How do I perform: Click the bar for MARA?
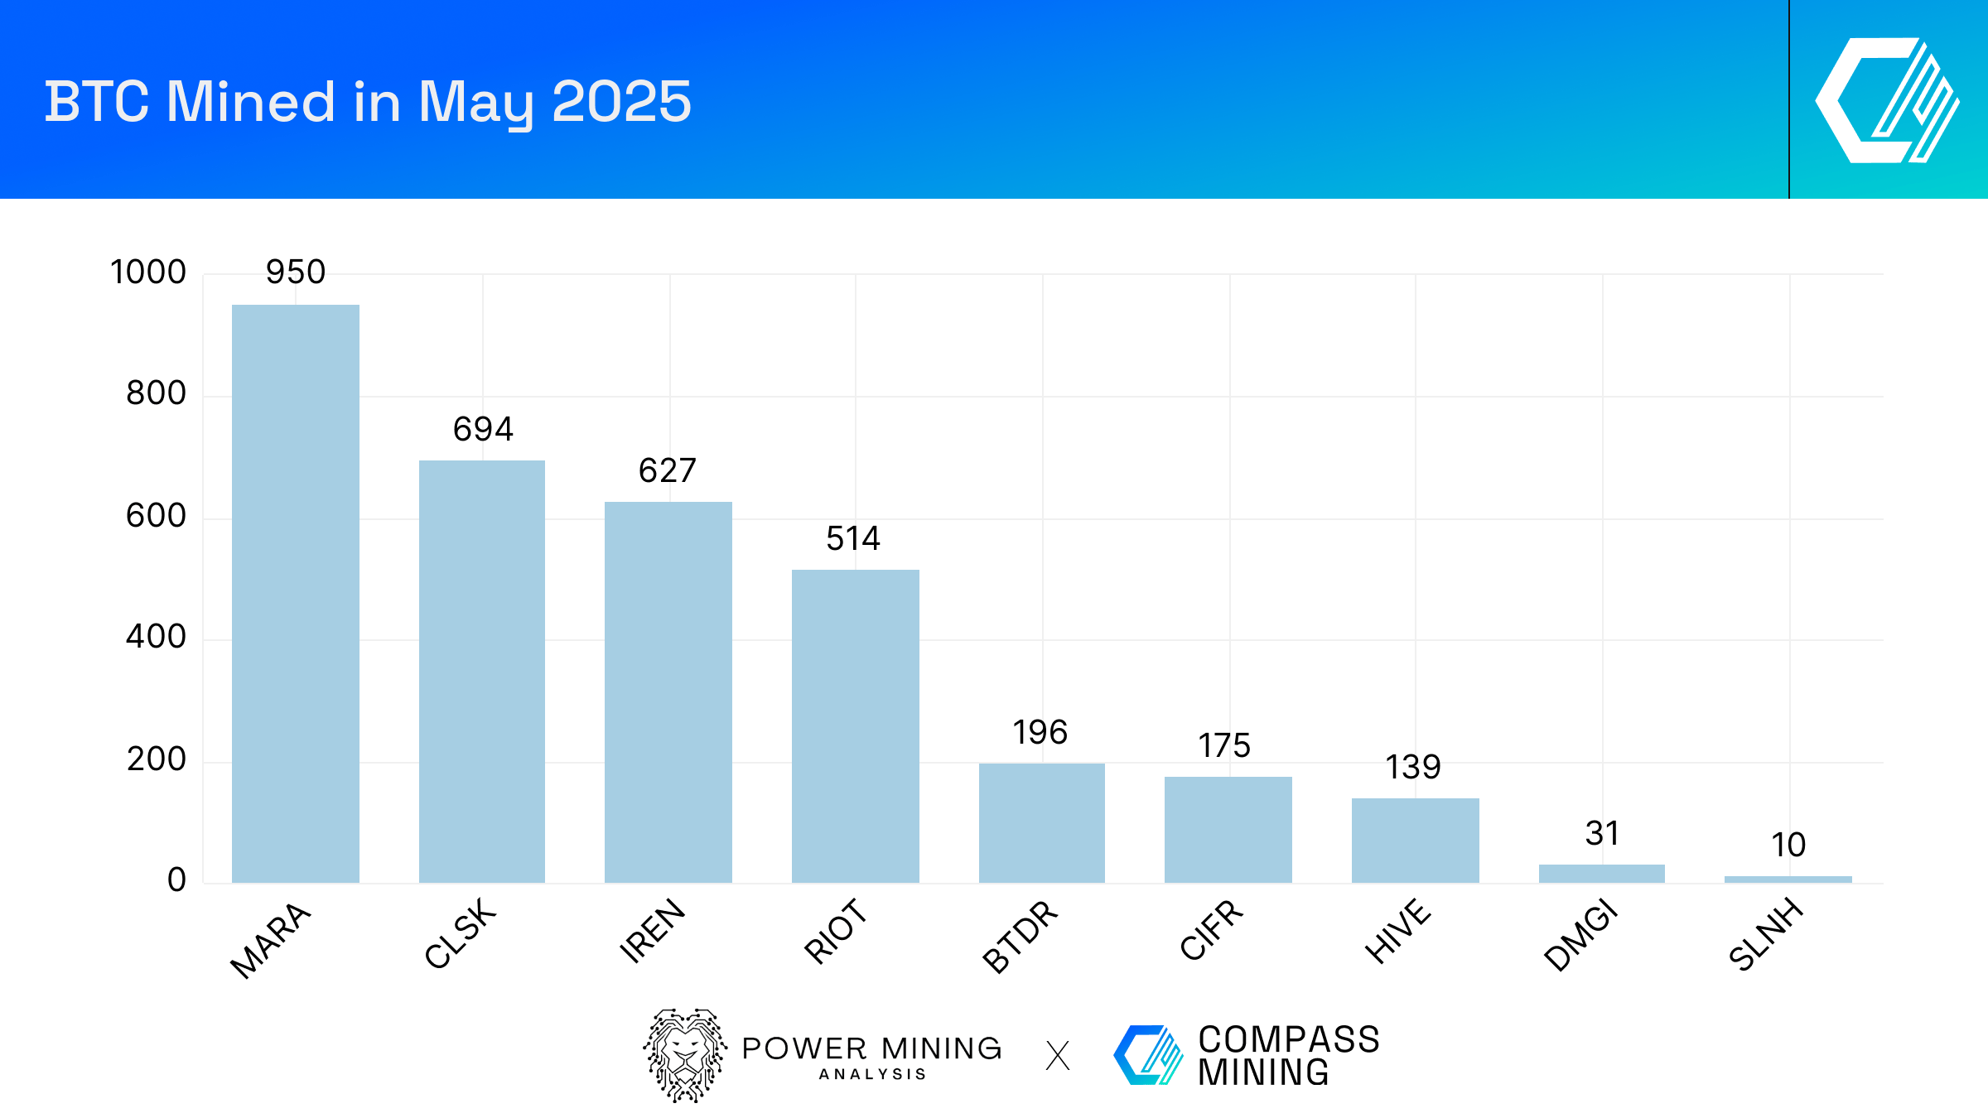pyautogui.click(x=296, y=593)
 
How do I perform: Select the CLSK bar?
pyautogui.click(x=482, y=671)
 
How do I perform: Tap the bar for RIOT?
pyautogui.click(x=856, y=725)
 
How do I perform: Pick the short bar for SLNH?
pyautogui.click(x=1788, y=879)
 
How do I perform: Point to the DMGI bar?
pyautogui.click(x=1601, y=873)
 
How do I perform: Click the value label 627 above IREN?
pyautogui.click(x=668, y=470)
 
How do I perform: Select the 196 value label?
pyautogui.click(x=1040, y=732)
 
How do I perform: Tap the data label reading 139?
pyautogui.click(x=1413, y=767)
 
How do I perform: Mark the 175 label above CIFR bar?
pyautogui.click(x=1224, y=745)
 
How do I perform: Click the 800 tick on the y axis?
pyautogui.click(x=156, y=393)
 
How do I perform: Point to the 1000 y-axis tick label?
pyautogui.click(x=148, y=272)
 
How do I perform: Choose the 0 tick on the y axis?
pyautogui.click(x=176, y=879)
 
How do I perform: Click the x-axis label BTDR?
pyautogui.click(x=1021, y=936)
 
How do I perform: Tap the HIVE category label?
pyautogui.click(x=1397, y=931)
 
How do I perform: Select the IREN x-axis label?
pyautogui.click(x=653, y=931)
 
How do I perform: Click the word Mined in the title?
pyautogui.click(x=252, y=102)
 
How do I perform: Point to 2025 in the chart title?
pyautogui.click(x=621, y=102)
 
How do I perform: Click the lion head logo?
pyautogui.click(x=685, y=1055)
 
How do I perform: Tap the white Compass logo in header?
pyautogui.click(x=1887, y=100)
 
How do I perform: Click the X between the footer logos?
pyautogui.click(x=1058, y=1056)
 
